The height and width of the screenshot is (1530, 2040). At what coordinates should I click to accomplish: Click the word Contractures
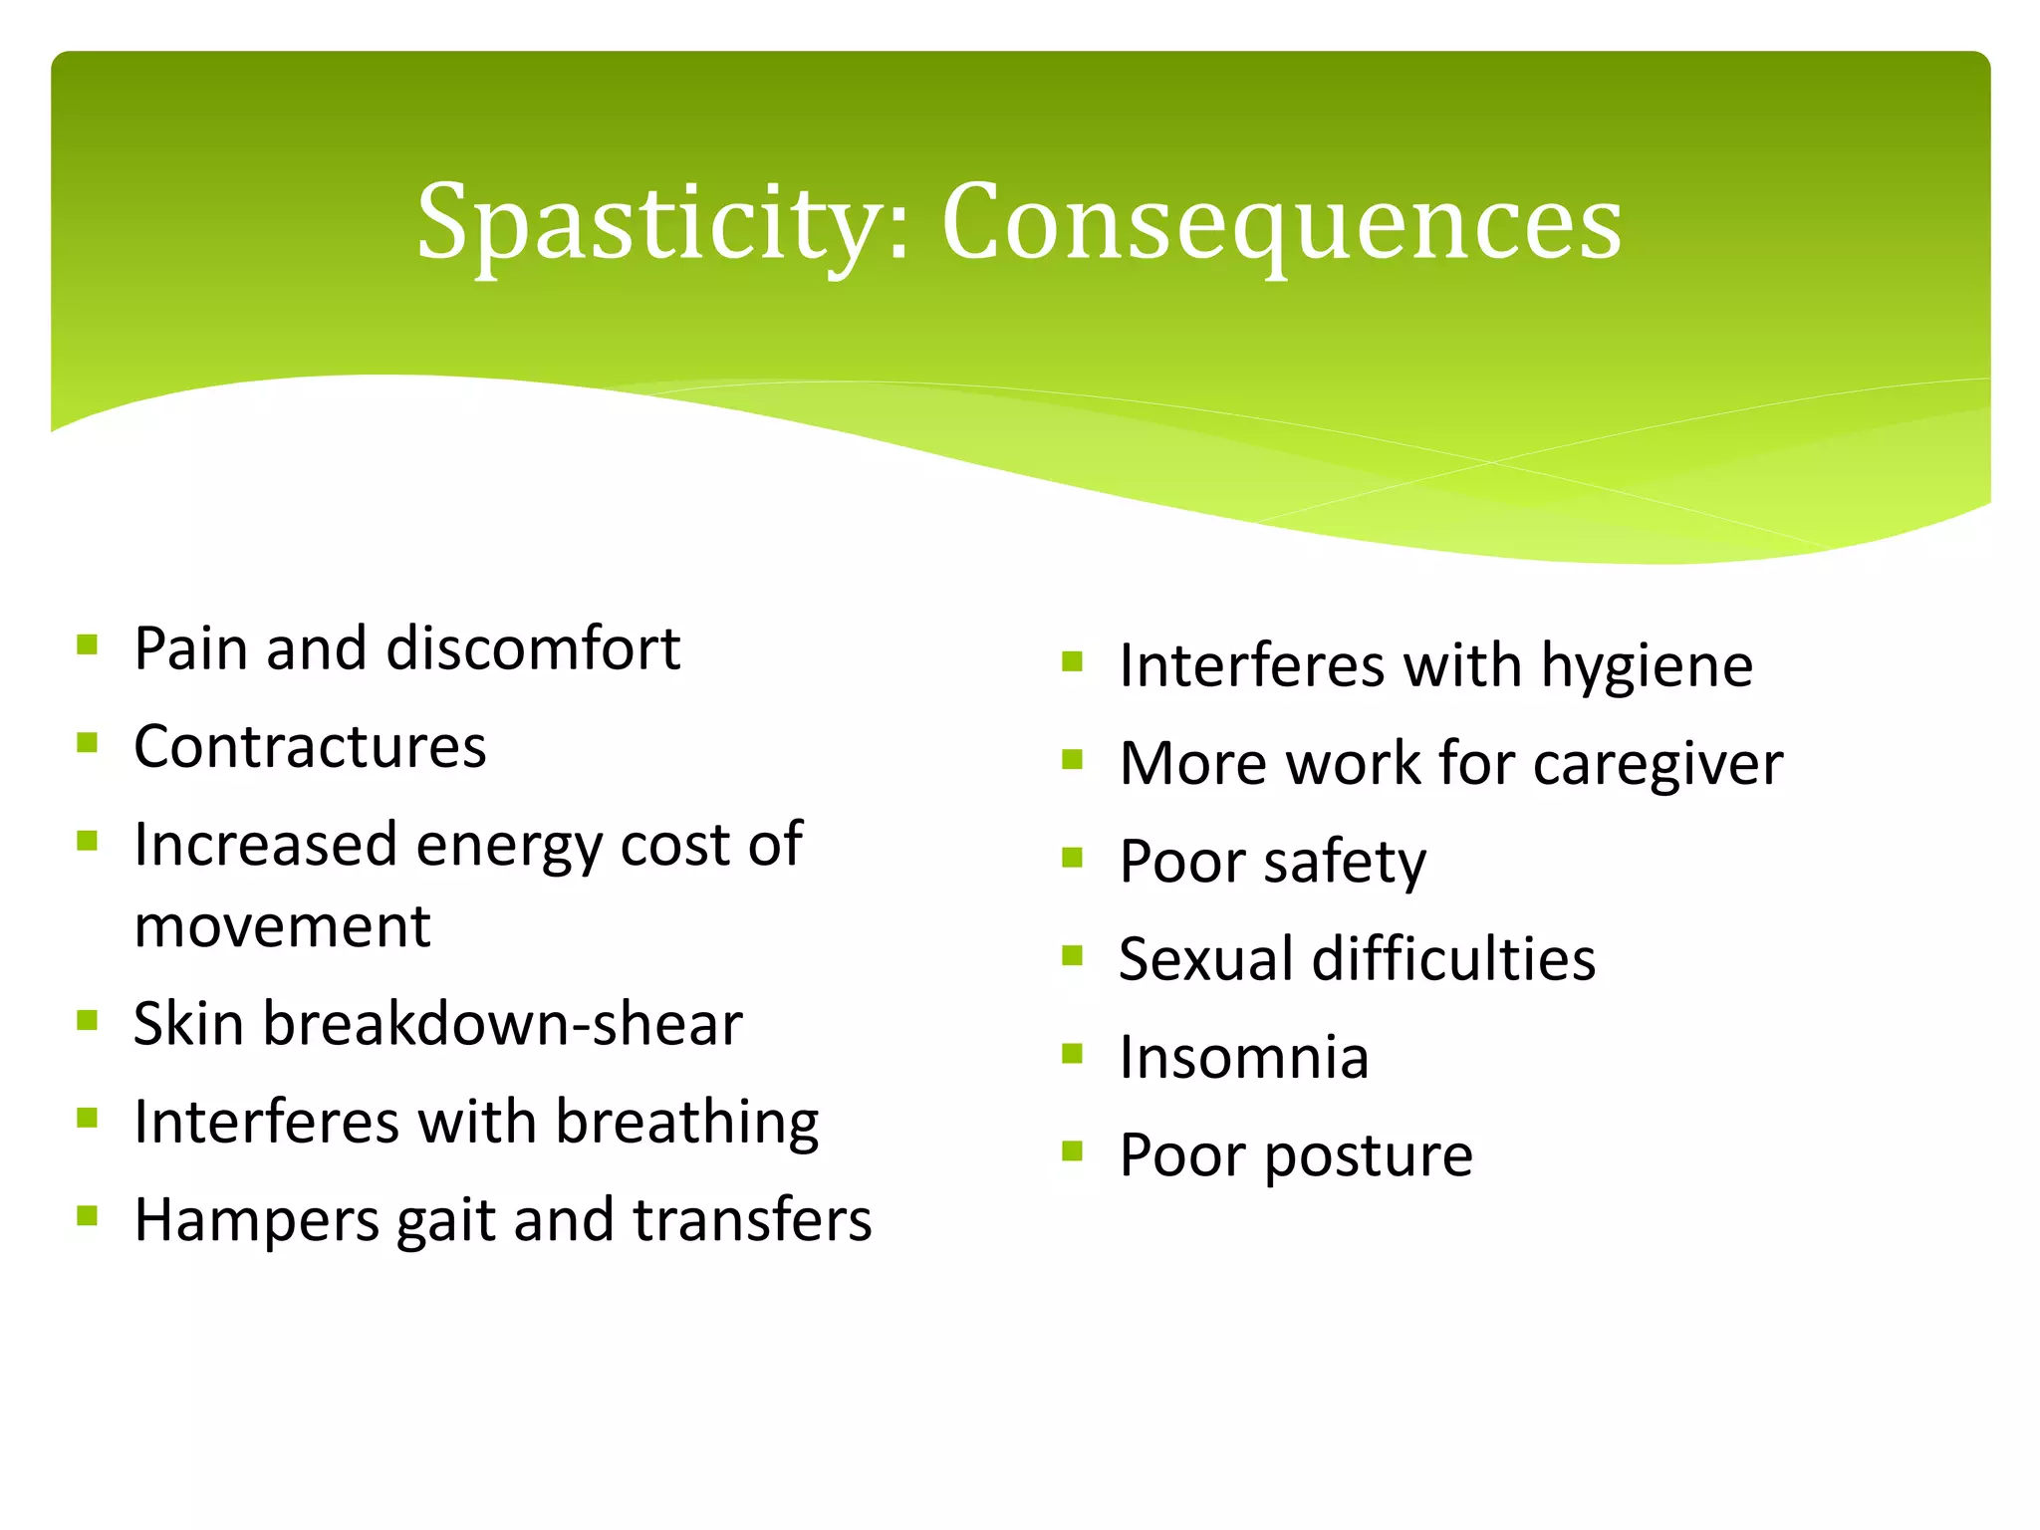coord(310,746)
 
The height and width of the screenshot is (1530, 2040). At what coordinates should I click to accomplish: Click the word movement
coord(282,926)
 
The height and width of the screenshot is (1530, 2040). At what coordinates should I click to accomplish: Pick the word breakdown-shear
coord(502,1024)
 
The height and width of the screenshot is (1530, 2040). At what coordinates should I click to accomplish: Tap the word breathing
coord(686,1123)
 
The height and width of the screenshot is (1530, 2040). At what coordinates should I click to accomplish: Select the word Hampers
coord(256,1221)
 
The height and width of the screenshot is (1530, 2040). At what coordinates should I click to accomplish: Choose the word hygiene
coord(1647,665)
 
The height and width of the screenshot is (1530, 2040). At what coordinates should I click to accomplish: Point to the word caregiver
coord(1658,764)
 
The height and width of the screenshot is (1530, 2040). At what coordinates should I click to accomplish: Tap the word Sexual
coord(1205,959)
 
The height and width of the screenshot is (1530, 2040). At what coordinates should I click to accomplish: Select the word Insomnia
coord(1243,1057)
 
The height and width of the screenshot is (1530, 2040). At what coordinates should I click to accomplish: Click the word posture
coord(1369,1155)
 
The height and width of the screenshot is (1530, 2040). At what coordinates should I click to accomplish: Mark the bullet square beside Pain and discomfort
coord(87,644)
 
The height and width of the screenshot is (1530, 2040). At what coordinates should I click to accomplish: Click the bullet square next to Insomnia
coord(1072,1053)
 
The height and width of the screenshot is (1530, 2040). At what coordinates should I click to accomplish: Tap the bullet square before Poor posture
coord(1072,1151)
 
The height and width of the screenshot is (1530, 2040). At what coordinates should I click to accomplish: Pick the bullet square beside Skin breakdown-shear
coord(87,1020)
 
